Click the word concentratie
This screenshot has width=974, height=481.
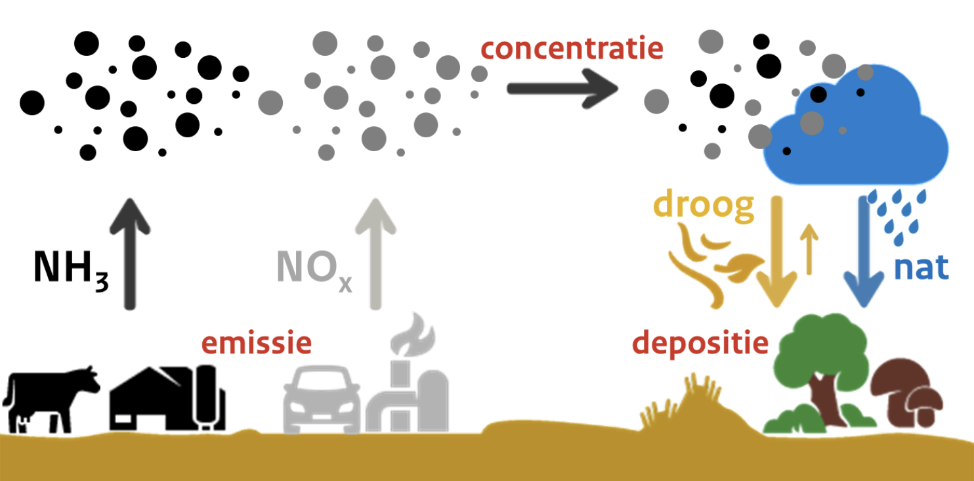tap(571, 48)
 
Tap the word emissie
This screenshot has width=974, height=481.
tap(255, 343)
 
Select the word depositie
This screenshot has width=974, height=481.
tap(700, 342)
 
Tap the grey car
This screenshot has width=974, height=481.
tap(322, 401)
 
